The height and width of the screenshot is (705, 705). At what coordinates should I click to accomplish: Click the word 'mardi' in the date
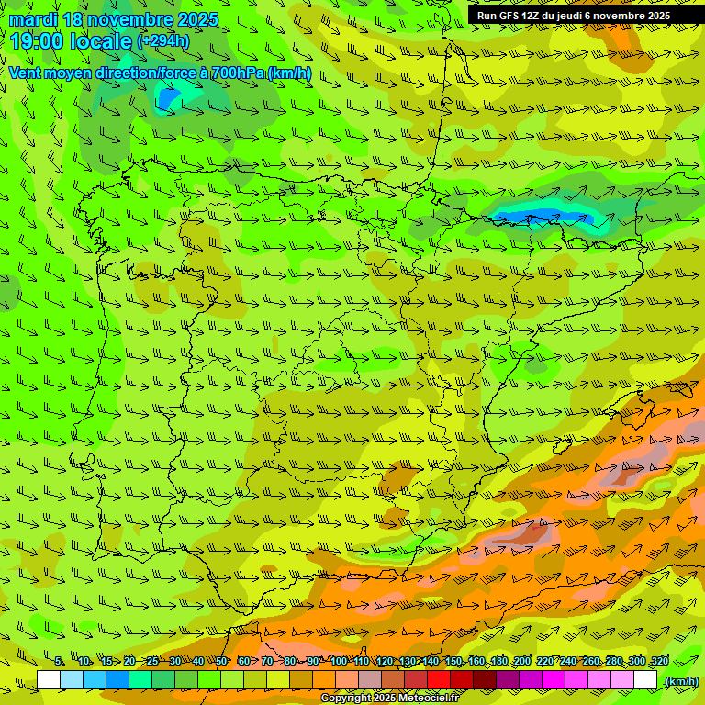pos(33,19)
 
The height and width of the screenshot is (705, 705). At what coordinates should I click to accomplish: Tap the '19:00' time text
pos(37,41)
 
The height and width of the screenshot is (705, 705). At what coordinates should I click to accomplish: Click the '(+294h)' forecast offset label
pos(163,40)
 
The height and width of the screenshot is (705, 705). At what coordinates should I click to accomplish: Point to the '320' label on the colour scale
pos(659,661)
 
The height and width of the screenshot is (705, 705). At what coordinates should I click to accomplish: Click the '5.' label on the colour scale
pos(59,661)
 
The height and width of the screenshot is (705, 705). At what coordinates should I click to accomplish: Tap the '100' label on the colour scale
pos(339,661)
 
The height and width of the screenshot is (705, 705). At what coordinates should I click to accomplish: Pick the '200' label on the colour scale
pos(522,661)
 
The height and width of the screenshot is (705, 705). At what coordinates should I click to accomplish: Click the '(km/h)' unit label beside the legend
pos(681,681)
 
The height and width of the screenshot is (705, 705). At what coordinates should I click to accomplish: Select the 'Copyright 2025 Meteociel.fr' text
pos(389,698)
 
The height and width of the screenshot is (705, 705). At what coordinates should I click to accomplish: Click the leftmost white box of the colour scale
pos(48,680)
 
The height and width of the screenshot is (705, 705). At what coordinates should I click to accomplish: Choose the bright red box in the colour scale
pos(439,680)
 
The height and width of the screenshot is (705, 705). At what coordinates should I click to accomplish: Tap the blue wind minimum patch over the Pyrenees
pos(537,217)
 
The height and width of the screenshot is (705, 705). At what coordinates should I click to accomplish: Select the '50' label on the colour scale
pos(221,661)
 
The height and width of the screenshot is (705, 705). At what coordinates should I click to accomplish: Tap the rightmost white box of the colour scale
pos(645,680)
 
